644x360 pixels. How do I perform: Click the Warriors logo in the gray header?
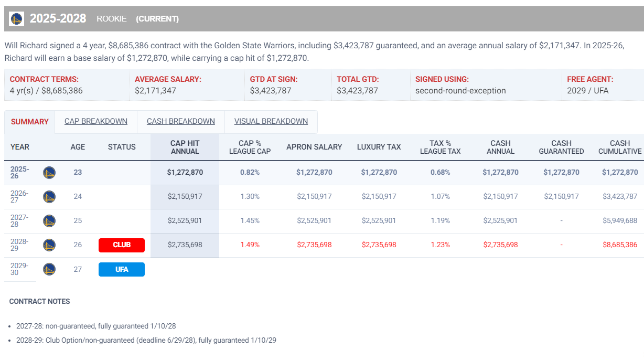17,19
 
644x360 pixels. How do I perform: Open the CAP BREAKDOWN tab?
96,121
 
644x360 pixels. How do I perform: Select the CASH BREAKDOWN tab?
181,121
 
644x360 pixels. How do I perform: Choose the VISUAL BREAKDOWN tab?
271,121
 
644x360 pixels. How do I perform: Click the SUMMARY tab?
30,122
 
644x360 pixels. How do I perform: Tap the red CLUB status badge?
122,245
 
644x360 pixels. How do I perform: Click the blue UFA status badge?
122,269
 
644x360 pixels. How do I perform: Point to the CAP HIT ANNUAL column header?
185,147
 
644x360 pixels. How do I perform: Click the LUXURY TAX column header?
379,147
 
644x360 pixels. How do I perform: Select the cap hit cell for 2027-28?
185,220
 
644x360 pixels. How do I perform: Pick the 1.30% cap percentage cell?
250,196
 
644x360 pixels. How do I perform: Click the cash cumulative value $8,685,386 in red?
620,245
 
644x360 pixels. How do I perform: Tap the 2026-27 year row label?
19,196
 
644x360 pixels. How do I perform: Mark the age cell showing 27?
78,269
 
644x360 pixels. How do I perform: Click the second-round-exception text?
460,90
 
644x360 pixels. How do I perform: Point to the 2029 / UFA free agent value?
588,90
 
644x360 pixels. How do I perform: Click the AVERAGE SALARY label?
168,79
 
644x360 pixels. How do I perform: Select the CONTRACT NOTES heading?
40,301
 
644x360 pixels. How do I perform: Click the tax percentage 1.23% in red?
440,245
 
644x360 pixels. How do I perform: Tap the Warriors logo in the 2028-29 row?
49,245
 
